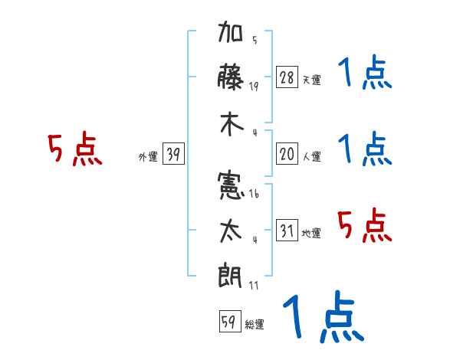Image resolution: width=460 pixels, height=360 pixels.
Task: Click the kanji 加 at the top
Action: (x=232, y=35)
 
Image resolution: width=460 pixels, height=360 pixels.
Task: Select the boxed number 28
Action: (x=287, y=77)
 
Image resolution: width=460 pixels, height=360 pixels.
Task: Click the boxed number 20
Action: (x=287, y=154)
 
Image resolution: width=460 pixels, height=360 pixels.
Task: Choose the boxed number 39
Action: (x=173, y=155)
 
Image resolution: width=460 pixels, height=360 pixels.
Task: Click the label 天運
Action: (x=311, y=80)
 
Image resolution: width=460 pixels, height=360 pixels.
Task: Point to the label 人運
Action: (x=311, y=156)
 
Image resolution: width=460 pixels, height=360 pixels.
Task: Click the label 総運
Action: (x=255, y=324)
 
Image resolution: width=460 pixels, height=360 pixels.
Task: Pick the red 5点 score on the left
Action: (x=74, y=150)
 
